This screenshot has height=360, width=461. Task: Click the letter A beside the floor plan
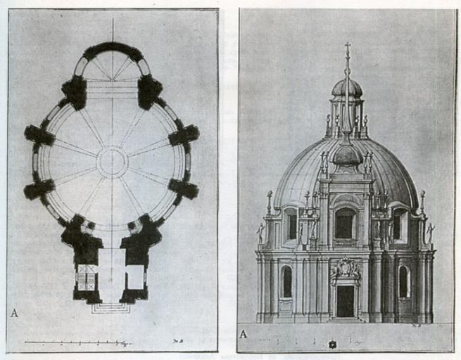[x=14, y=313]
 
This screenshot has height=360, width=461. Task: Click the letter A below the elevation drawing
[x=244, y=333]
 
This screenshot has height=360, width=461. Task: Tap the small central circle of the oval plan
[x=112, y=162]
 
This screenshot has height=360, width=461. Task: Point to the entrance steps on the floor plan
[x=110, y=307]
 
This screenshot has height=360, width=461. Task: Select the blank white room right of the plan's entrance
[x=135, y=277]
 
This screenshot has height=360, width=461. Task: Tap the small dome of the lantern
[x=346, y=87]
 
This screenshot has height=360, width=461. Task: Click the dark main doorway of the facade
[x=345, y=301]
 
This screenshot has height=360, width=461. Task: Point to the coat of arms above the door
[x=345, y=269]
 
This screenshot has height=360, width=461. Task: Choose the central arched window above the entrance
[x=345, y=224]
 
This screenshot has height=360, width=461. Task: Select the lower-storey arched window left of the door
[x=287, y=282]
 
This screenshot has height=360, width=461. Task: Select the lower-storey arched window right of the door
[x=403, y=282]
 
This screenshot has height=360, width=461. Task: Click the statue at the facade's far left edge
[x=260, y=233]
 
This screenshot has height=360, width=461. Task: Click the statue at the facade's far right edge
[x=430, y=233]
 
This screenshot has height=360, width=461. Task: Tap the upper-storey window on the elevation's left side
[x=291, y=225]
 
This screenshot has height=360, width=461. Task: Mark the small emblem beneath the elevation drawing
[x=331, y=344]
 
